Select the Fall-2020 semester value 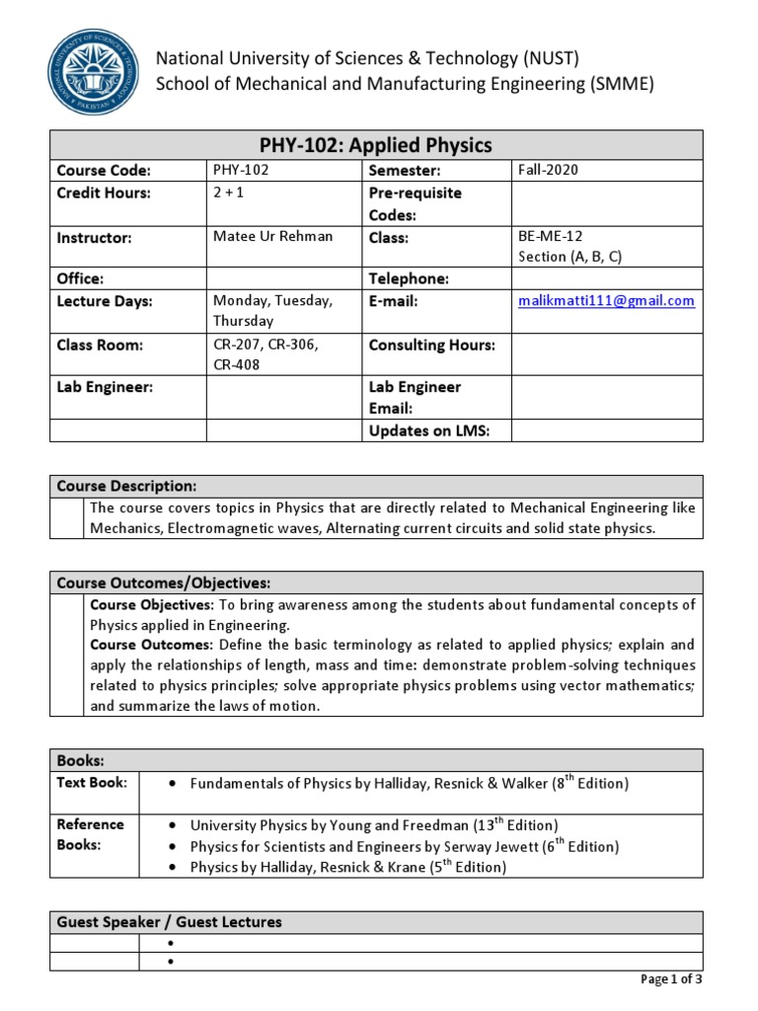pos(548,170)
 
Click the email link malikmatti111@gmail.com pos(606,300)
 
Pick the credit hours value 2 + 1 pos(228,193)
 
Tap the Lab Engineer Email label pos(415,398)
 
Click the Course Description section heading pos(126,486)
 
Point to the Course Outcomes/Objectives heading pos(163,583)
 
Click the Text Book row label pos(92,782)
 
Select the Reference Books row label pos(91,834)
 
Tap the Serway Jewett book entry pos(404,846)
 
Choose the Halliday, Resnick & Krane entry pos(347,868)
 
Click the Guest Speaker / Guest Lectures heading pos(169,922)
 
